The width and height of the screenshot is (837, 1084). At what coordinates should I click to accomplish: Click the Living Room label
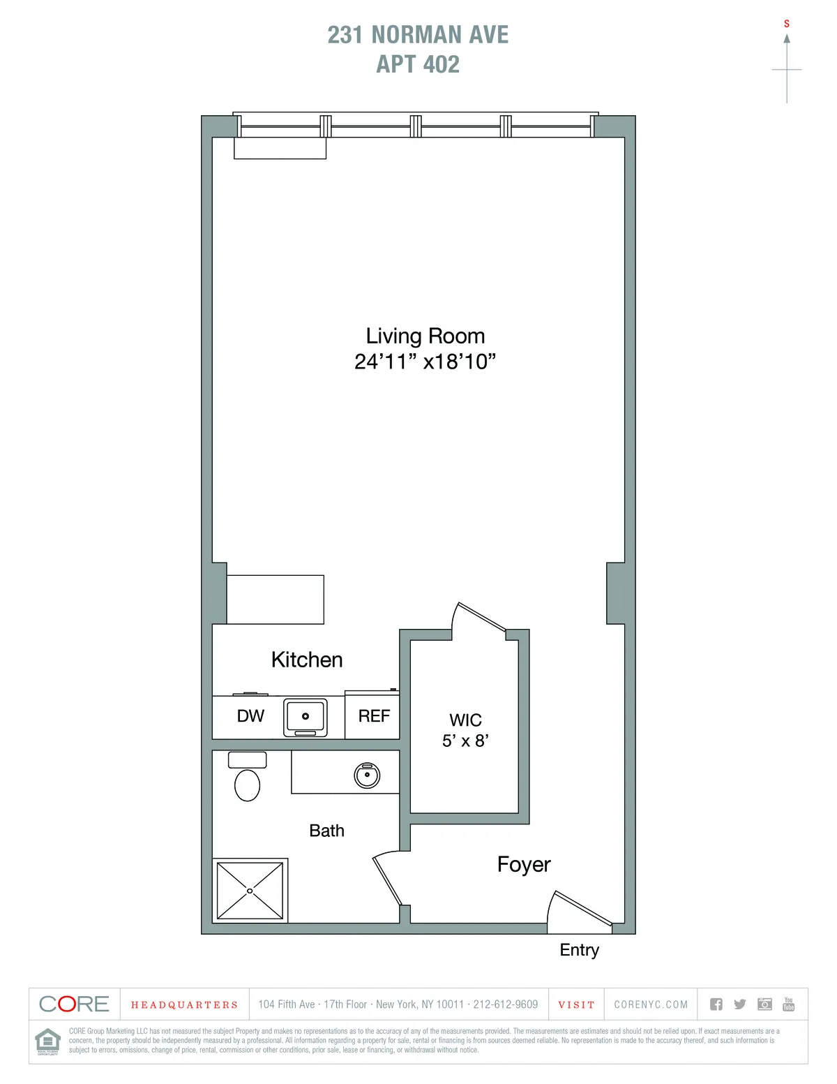pyautogui.click(x=425, y=336)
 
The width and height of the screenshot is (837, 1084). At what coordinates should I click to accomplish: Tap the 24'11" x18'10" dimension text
pyautogui.click(x=425, y=362)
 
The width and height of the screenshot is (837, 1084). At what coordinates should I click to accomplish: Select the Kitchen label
pyautogui.click(x=307, y=660)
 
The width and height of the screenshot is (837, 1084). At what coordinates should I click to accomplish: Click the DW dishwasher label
pyautogui.click(x=250, y=715)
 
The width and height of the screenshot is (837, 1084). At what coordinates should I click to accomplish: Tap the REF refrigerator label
pyautogui.click(x=374, y=715)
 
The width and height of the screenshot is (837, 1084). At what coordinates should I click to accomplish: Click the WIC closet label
pyautogui.click(x=465, y=720)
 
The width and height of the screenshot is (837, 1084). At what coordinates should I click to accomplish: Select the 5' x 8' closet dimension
pyautogui.click(x=465, y=741)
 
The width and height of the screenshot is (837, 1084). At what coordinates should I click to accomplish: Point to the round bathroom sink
pyautogui.click(x=367, y=775)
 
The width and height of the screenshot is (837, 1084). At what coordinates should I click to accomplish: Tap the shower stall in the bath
pyautogui.click(x=250, y=891)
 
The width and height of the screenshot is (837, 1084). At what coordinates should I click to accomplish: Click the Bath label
pyautogui.click(x=326, y=831)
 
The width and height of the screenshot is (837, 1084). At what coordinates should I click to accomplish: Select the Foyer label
pyautogui.click(x=524, y=864)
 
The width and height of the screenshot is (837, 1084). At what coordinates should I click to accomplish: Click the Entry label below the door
pyautogui.click(x=579, y=950)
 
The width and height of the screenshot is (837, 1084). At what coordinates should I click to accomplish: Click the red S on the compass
pyautogui.click(x=787, y=24)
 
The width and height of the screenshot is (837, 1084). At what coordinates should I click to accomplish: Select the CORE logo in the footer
pyautogui.click(x=74, y=1004)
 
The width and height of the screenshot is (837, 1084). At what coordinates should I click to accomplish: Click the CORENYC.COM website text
pyautogui.click(x=651, y=1004)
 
